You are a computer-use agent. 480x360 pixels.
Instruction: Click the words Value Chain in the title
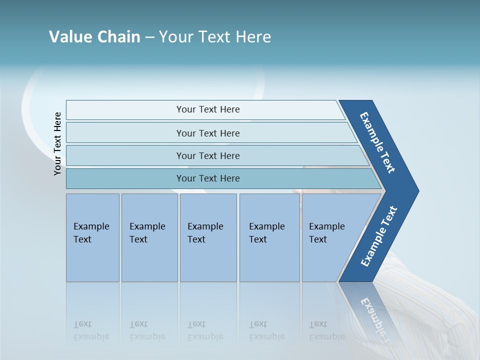tap(94, 37)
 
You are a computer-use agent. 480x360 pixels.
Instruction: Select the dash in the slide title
tap(149, 37)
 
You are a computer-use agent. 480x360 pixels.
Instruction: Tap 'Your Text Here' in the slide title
tap(215, 37)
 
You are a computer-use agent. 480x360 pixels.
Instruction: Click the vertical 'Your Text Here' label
tap(57, 143)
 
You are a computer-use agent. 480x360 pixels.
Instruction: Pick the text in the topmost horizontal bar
tap(208, 109)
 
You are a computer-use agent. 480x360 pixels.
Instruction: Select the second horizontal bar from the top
tap(208, 133)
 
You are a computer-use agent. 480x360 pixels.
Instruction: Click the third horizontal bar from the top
tap(208, 155)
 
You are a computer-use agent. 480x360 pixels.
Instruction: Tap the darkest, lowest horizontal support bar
tap(208, 178)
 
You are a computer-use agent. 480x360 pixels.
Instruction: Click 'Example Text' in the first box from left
tap(91, 232)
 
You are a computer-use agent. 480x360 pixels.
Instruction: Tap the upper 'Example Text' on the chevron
tap(377, 142)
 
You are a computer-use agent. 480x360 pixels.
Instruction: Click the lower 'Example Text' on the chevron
tap(379, 236)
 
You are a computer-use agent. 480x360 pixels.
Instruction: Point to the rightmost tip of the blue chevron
tap(418, 191)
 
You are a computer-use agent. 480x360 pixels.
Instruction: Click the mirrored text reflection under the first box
tap(91, 330)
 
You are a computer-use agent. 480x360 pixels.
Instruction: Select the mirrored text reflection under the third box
tap(205, 330)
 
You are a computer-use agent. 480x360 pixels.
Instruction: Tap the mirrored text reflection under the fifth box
tap(326, 330)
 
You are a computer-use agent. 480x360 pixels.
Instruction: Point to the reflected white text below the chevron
tap(373, 313)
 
